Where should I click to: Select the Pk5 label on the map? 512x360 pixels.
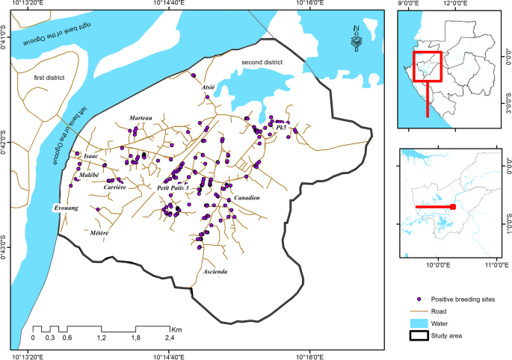(x=282, y=128)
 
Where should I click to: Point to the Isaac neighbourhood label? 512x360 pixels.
(x=91, y=155)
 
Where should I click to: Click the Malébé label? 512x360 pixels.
(x=90, y=175)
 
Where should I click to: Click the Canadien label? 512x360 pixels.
(x=247, y=197)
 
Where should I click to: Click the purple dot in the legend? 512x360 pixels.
(x=419, y=300)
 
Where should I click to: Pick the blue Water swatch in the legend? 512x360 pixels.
(x=419, y=323)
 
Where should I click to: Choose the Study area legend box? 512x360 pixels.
(x=419, y=335)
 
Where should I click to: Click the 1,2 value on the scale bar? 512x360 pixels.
(x=101, y=338)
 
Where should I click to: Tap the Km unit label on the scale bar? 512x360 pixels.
(x=176, y=329)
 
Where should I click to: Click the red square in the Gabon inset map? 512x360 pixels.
(x=428, y=66)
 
